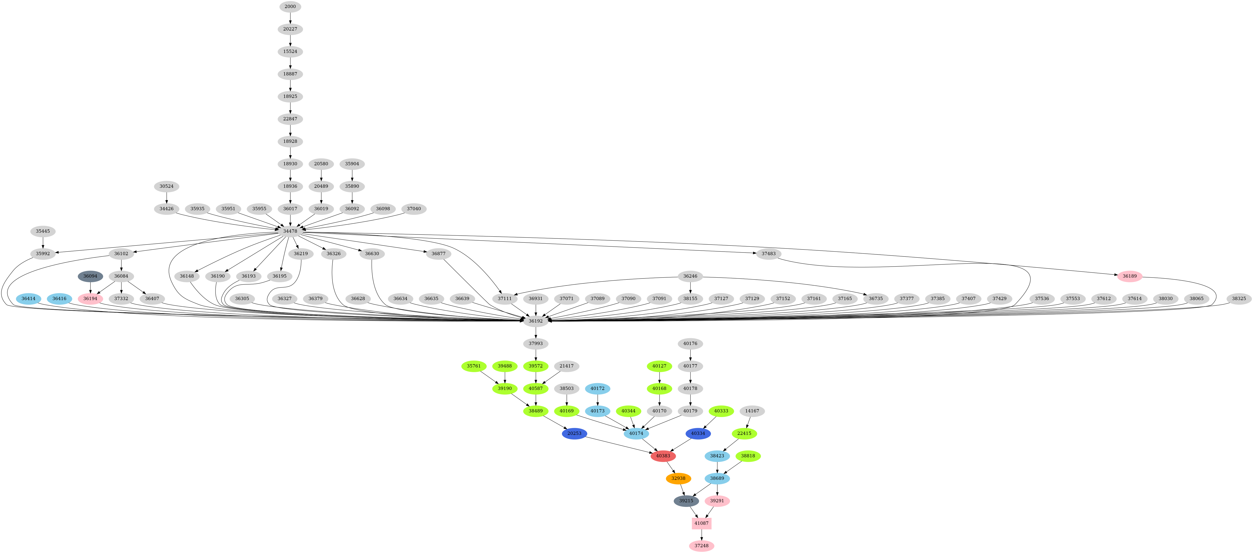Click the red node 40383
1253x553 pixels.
pyautogui.click(x=663, y=456)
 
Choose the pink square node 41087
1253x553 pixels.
pyautogui.click(x=701, y=523)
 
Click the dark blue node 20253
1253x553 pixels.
pyautogui.click(x=574, y=433)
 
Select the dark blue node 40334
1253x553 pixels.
pyautogui.click(x=698, y=433)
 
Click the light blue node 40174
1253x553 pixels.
pyautogui.click(x=636, y=433)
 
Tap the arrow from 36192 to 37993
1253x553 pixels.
pyautogui.click(x=535, y=332)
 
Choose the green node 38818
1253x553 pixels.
pyautogui.click(x=748, y=456)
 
